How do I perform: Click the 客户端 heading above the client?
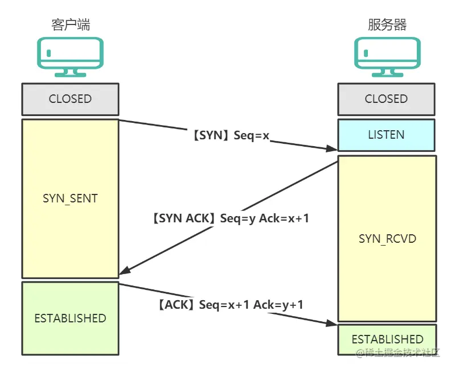[x=70, y=24]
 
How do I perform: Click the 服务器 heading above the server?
[x=387, y=24]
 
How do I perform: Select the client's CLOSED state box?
[x=70, y=99]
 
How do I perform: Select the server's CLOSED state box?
[x=387, y=99]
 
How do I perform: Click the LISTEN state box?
[x=387, y=135]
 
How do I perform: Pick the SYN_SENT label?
[x=70, y=198]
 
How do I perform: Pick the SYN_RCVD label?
[x=387, y=238]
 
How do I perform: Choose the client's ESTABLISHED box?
[x=70, y=318]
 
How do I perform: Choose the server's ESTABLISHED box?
[x=387, y=339]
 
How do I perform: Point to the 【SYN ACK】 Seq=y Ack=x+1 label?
[x=230, y=218]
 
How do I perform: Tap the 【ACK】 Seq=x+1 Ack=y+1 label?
[x=229, y=305]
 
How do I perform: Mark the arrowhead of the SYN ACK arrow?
[x=124, y=271]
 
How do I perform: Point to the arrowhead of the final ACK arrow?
[x=333, y=323]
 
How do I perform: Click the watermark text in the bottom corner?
[x=398, y=353]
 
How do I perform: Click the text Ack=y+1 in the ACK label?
[x=278, y=305]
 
